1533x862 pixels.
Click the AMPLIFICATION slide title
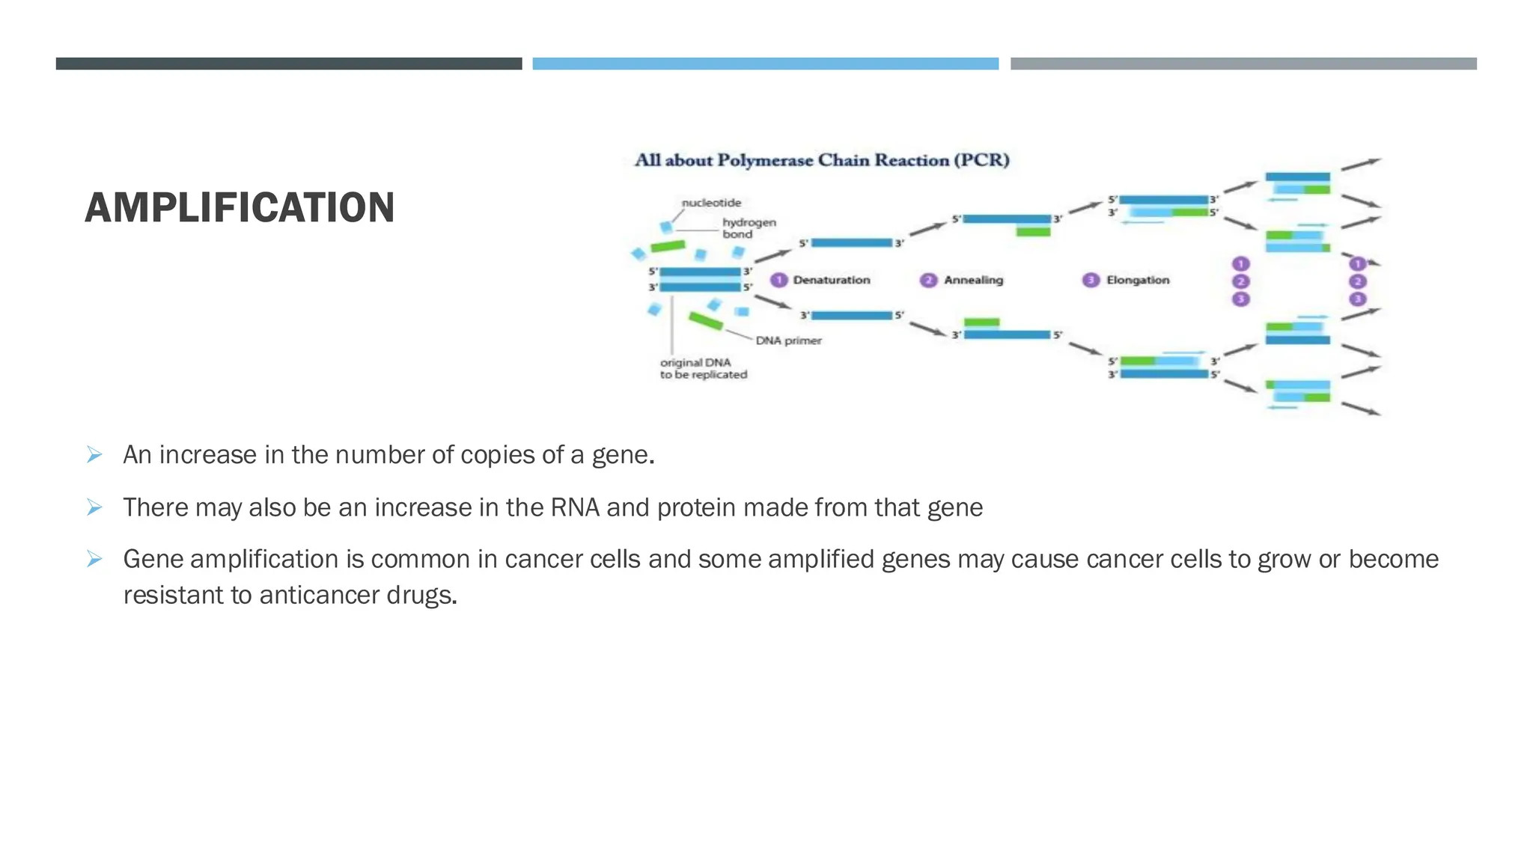[240, 208]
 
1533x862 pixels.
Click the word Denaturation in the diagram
[832, 280]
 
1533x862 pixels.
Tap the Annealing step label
[973, 280]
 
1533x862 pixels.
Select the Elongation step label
[1138, 280]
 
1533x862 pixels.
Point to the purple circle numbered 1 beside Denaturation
[779, 280]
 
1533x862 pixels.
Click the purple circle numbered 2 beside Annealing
[928, 280]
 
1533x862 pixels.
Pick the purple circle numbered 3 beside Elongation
[1091, 280]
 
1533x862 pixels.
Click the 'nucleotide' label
[711, 203]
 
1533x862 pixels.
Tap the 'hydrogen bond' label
[749, 228]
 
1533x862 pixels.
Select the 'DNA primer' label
[788, 340]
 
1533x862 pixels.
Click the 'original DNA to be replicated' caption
[703, 368]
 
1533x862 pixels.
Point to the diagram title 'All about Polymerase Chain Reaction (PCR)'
[822, 160]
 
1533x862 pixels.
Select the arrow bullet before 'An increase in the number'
[94, 454]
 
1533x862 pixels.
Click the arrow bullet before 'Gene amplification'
[94, 558]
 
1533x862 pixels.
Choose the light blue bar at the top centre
[765, 64]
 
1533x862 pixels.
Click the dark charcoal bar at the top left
[289, 64]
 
